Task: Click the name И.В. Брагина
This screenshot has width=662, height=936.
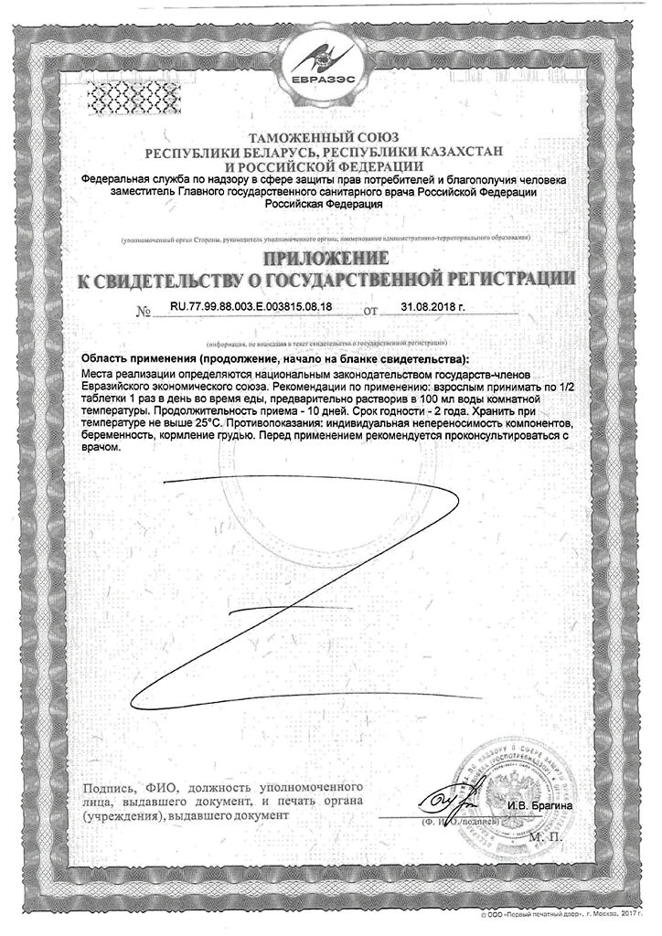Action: point(538,805)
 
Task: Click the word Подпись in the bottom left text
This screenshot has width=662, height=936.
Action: point(108,787)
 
